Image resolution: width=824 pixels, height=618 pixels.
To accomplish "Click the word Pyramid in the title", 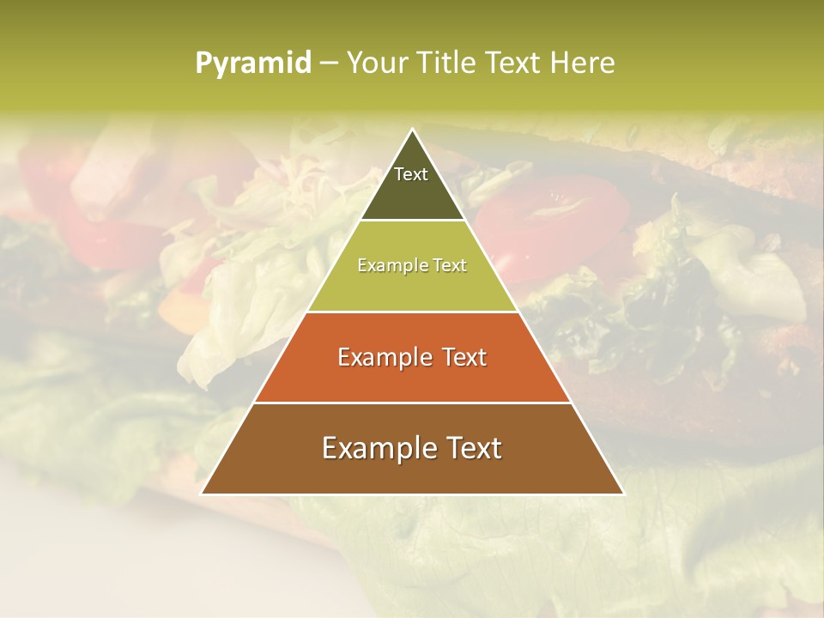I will click(x=253, y=64).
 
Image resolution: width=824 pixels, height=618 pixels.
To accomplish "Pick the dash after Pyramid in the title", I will click(x=328, y=64).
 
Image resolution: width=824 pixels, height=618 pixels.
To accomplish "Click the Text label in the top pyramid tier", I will click(x=411, y=174).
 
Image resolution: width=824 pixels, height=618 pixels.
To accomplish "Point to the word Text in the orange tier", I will click(x=461, y=357).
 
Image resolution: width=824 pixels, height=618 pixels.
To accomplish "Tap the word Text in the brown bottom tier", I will click(x=471, y=448).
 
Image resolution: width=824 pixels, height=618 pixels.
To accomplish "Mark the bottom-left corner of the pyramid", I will click(x=202, y=494).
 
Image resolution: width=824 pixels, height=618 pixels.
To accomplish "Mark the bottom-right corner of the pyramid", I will click(x=623, y=494).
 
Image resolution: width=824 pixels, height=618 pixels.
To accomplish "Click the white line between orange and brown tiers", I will click(x=413, y=403).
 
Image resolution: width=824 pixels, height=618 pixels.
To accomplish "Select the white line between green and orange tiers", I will click(x=413, y=312).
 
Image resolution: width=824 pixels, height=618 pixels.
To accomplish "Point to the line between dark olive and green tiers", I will click(x=413, y=221).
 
